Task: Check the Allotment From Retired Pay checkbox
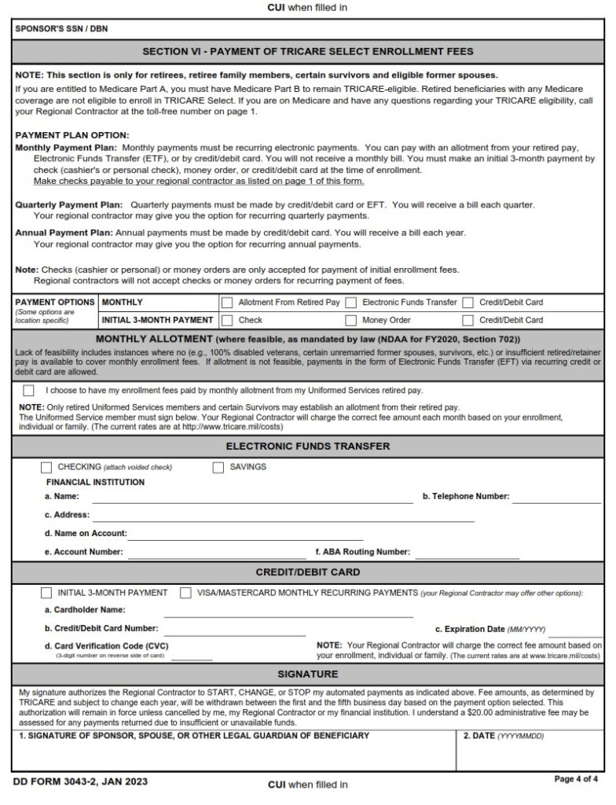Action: [x=227, y=302]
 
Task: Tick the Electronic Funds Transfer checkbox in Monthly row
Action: [x=351, y=302]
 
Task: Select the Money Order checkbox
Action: [x=351, y=320]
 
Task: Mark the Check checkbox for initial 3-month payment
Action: [x=227, y=320]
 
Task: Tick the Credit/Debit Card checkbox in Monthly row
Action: [x=468, y=302]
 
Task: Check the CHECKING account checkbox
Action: [x=46, y=467]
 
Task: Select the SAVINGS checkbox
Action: [x=218, y=467]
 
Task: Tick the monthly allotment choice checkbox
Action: [x=29, y=391]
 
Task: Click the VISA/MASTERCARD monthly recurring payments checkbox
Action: [x=185, y=593]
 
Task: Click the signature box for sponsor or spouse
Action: [x=233, y=755]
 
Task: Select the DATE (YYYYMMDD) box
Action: [x=530, y=755]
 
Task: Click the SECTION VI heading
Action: [x=308, y=52]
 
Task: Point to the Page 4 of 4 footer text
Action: [x=576, y=779]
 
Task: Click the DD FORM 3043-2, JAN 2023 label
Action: [x=80, y=781]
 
